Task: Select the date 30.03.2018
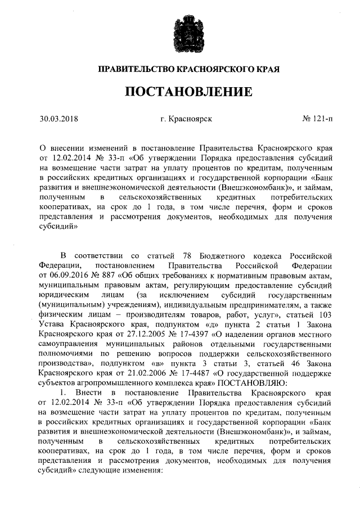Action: pyautogui.click(x=58, y=119)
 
